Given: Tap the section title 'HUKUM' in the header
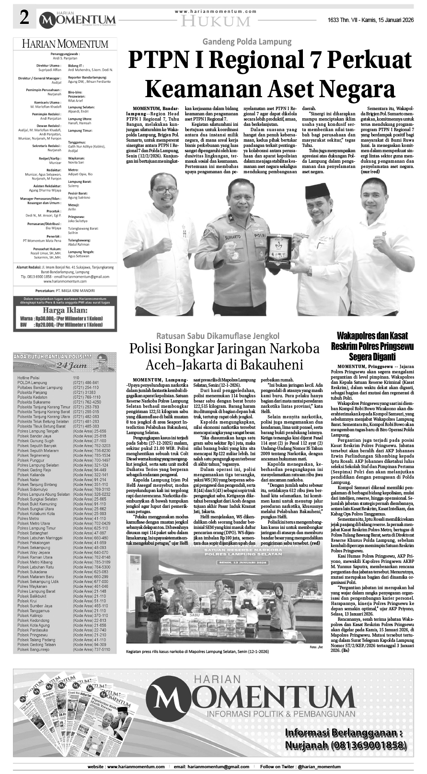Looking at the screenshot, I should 217,22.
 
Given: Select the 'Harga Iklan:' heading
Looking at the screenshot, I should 65,310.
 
